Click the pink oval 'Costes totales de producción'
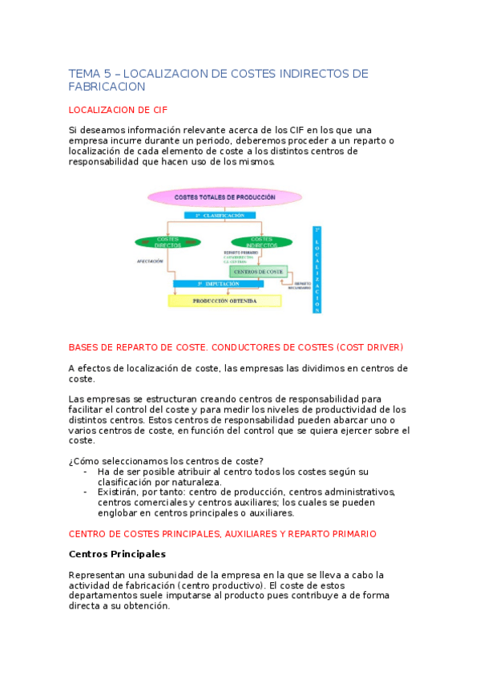pos(224,196)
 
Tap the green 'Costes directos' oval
pos(167,241)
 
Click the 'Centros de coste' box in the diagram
pos(258,272)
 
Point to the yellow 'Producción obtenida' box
pos(224,301)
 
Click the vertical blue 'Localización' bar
pos(317,269)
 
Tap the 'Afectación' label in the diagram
pos(150,261)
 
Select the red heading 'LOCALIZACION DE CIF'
pos(118,109)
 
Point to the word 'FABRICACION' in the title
pos(107,87)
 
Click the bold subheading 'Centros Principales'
pos(117,554)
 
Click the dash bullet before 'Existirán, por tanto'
pos(86,492)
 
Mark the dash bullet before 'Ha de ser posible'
pos(86,472)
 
